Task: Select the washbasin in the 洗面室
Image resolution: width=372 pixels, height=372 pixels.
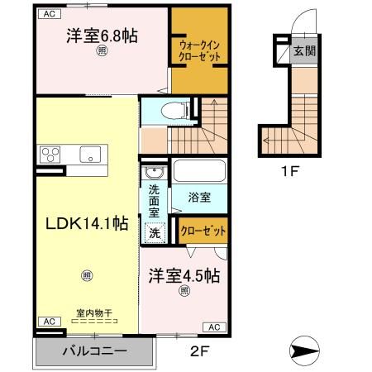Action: [x=154, y=174]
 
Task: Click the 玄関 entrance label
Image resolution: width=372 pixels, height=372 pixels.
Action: [x=305, y=52]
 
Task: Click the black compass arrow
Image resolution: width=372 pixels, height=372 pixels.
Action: [x=307, y=351]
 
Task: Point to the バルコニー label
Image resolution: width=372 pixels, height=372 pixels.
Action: [x=95, y=351]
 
